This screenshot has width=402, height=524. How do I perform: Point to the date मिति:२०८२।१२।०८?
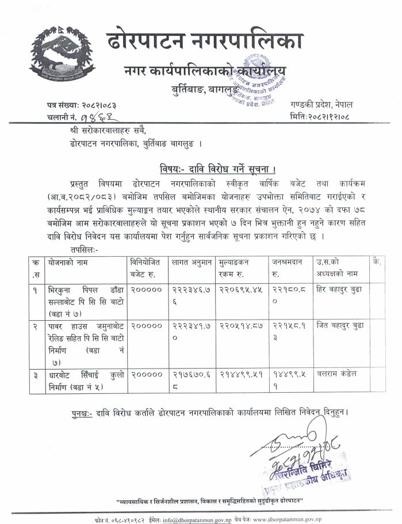[x=328, y=117]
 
